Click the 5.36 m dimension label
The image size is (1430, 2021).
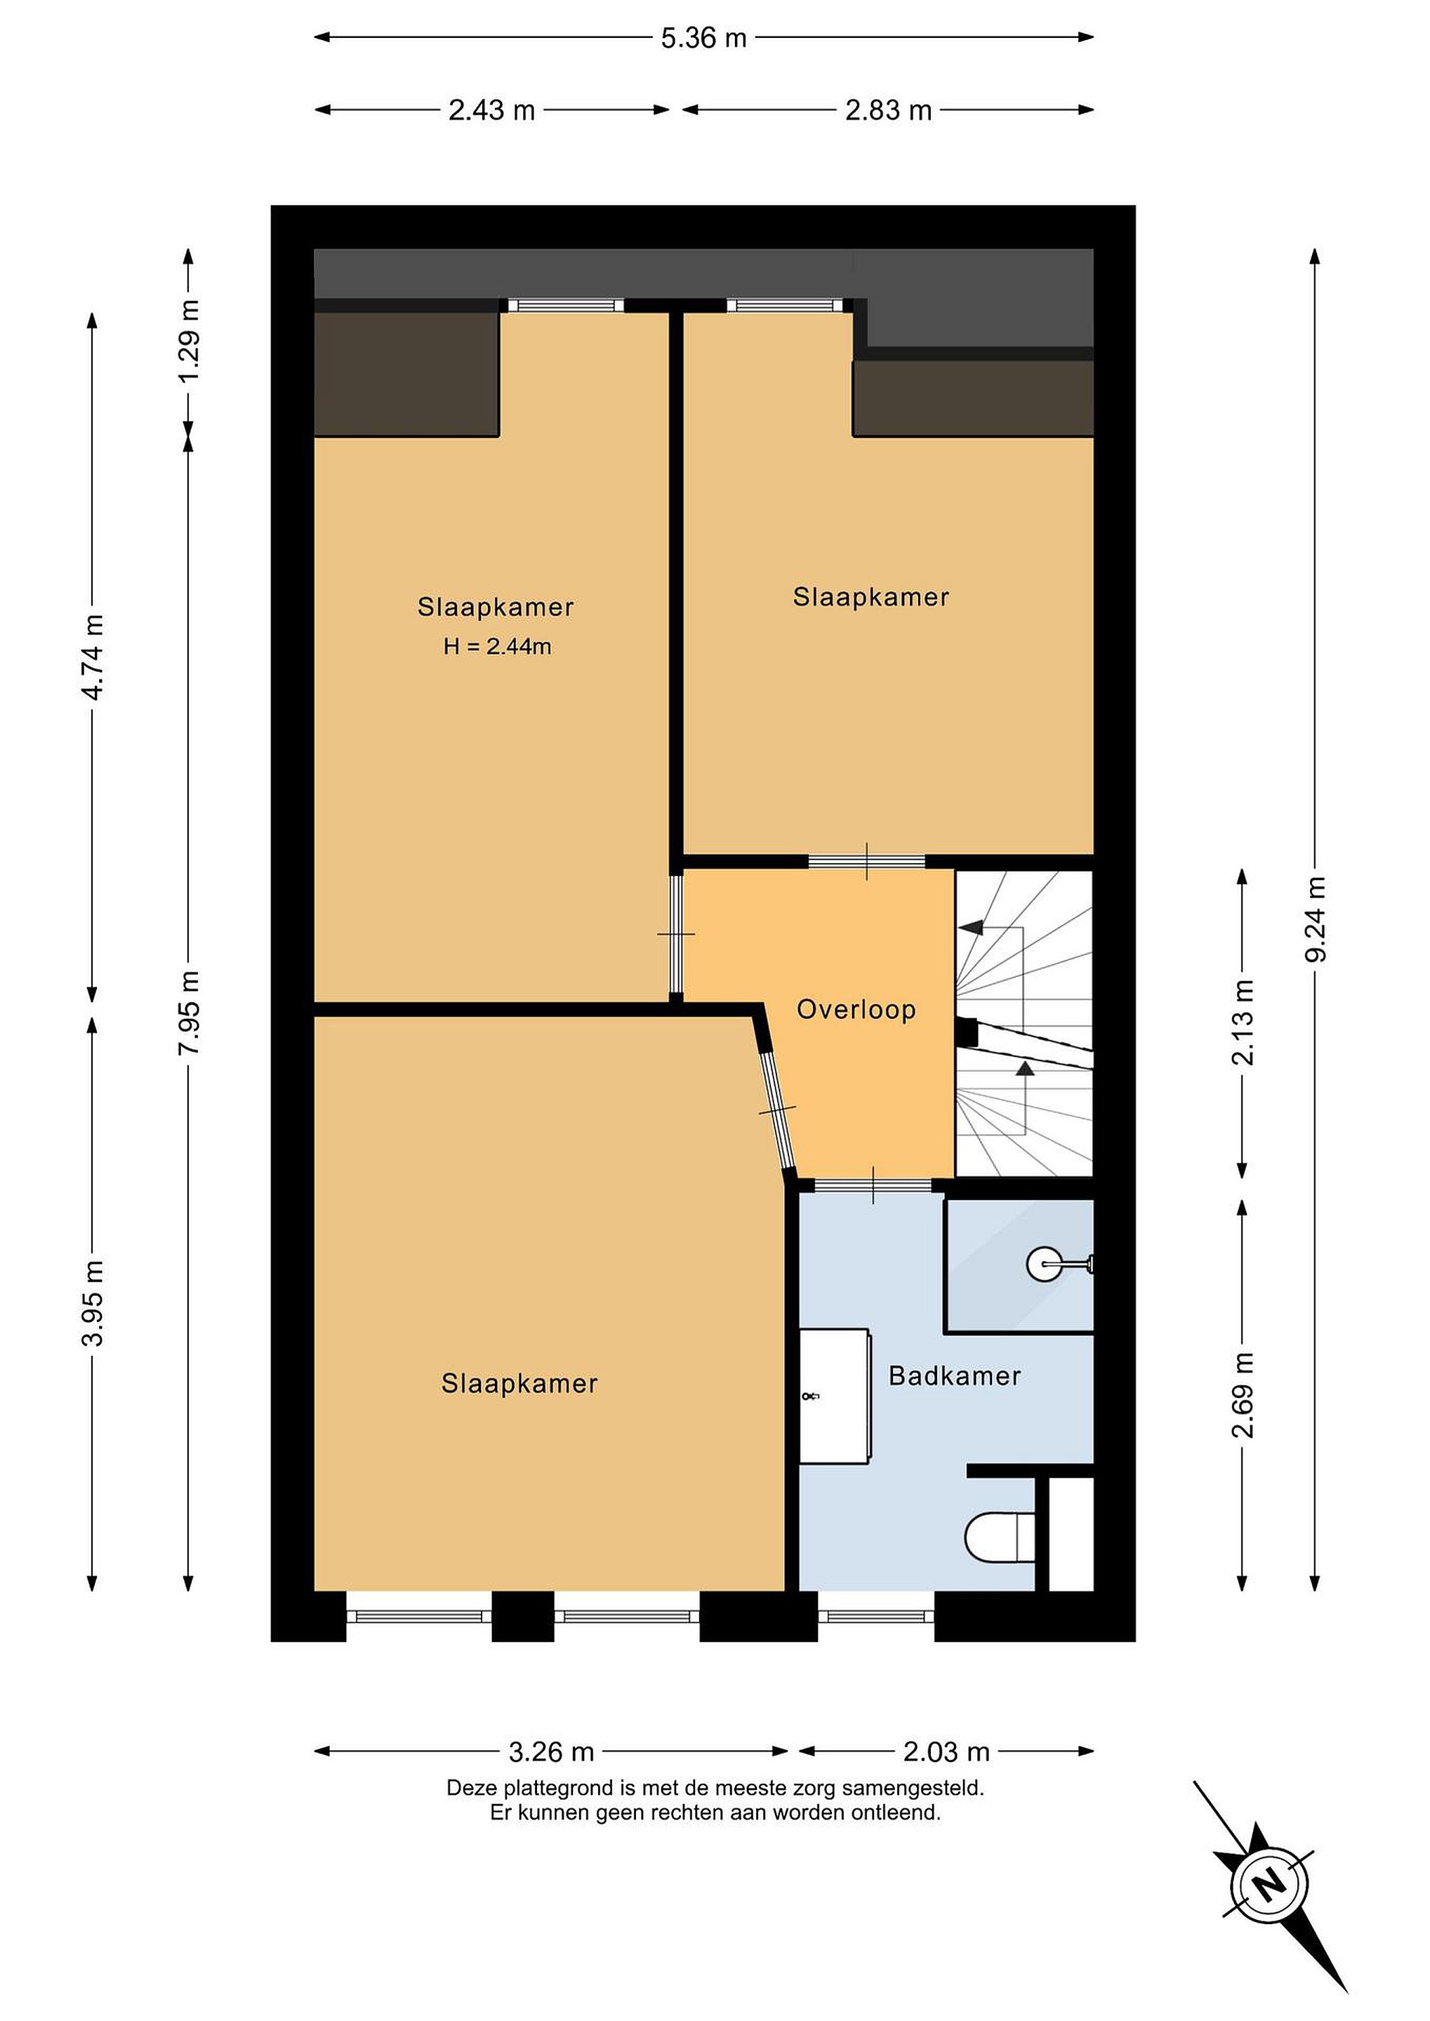pyautogui.click(x=703, y=38)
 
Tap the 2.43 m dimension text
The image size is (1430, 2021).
pyautogui.click(x=491, y=110)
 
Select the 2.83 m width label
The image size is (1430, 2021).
pyautogui.click(x=889, y=110)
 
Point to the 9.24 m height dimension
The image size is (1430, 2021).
pyautogui.click(x=1316, y=918)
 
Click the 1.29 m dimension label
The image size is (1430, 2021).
pyautogui.click(x=188, y=340)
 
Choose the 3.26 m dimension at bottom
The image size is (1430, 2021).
pyautogui.click(x=551, y=1752)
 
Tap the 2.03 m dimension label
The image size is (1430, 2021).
pyautogui.click(x=946, y=1752)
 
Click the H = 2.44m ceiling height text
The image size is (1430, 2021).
pyautogui.click(x=498, y=647)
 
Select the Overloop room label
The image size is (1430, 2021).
pyautogui.click(x=856, y=1010)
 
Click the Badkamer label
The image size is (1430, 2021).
pyautogui.click(x=955, y=1376)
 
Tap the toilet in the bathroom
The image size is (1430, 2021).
pyautogui.click(x=1000, y=1537)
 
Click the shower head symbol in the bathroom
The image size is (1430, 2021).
pyautogui.click(x=1060, y=1265)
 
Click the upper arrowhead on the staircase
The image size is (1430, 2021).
pyautogui.click(x=972, y=928)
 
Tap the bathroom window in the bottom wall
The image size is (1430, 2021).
pyautogui.click(x=875, y=1615)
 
